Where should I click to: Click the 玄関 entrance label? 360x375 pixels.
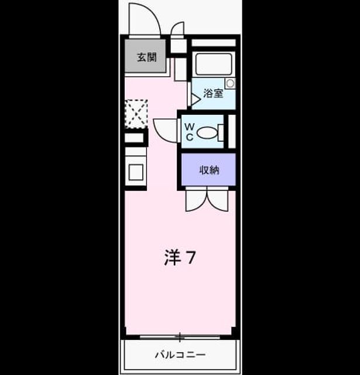point(147,57)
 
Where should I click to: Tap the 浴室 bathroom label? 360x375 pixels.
point(213,93)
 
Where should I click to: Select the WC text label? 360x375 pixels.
point(189,132)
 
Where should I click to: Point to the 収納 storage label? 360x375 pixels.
point(209,170)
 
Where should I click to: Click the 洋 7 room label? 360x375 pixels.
point(180,258)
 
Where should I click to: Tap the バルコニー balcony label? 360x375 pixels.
point(180,354)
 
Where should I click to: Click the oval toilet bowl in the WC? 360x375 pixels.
point(207,132)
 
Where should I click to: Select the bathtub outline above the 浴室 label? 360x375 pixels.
point(214,64)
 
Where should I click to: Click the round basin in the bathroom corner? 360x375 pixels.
point(230,83)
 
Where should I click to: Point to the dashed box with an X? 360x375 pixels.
point(136,114)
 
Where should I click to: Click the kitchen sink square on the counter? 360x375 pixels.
point(136,172)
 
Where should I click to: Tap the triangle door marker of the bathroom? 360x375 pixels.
point(196,99)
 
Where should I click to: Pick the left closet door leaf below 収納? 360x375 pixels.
point(196,200)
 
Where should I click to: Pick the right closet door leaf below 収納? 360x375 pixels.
point(218,200)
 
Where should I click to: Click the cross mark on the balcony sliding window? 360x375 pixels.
point(180,337)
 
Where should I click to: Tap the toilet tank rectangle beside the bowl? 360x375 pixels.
point(221,133)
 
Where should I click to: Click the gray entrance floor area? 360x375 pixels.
point(145,56)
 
